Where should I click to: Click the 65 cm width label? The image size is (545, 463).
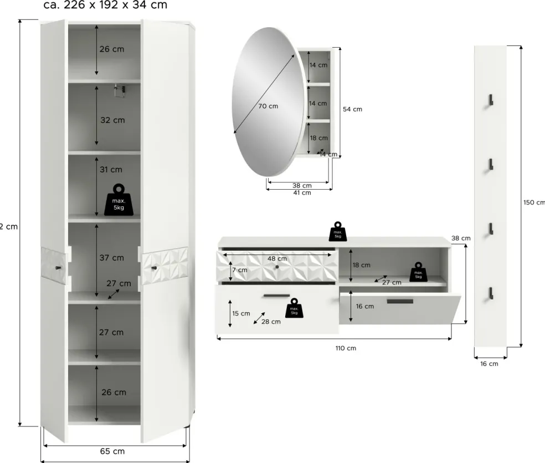click(112, 451)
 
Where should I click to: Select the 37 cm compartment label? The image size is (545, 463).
click(111, 257)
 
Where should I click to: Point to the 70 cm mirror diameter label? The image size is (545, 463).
click(268, 106)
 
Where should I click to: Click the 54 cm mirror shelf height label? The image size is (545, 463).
click(352, 109)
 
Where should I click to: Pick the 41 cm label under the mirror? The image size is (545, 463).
click(302, 193)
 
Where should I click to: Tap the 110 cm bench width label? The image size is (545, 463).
click(346, 348)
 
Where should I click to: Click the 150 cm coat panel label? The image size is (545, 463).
click(534, 202)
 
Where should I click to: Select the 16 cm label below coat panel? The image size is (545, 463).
click(489, 364)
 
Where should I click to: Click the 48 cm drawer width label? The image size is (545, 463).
click(277, 258)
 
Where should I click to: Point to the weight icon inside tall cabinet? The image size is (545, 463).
click(119, 199)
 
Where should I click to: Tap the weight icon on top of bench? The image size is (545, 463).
click(337, 231)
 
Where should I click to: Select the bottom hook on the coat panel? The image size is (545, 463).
click(490, 294)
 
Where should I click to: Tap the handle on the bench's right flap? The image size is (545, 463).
click(400, 301)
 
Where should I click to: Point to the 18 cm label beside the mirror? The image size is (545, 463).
click(318, 138)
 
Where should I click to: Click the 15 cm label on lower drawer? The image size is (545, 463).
click(241, 313)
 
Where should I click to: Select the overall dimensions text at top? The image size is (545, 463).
click(105, 6)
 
